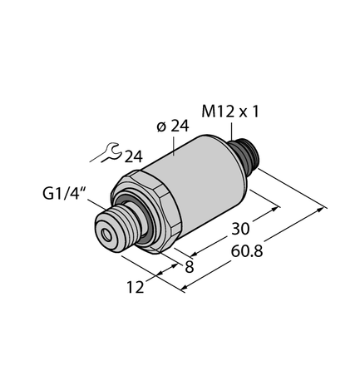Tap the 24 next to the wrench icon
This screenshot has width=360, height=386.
[x=133, y=156]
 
